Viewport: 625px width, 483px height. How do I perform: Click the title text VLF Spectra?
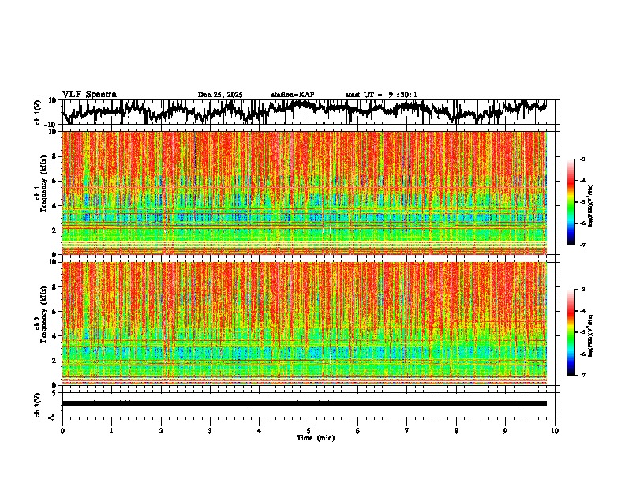coord(89,95)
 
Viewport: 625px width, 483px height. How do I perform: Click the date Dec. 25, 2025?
coord(220,95)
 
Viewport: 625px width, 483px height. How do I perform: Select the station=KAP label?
coord(292,95)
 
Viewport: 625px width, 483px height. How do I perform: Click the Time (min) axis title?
coord(315,437)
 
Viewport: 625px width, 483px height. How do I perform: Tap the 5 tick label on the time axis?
coord(309,430)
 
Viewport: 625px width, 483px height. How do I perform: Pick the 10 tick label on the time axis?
coord(555,430)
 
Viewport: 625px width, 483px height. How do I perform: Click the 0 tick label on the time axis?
coord(62,430)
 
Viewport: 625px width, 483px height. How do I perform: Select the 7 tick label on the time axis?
coord(407,430)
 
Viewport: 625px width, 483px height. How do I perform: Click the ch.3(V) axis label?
coord(38,403)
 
